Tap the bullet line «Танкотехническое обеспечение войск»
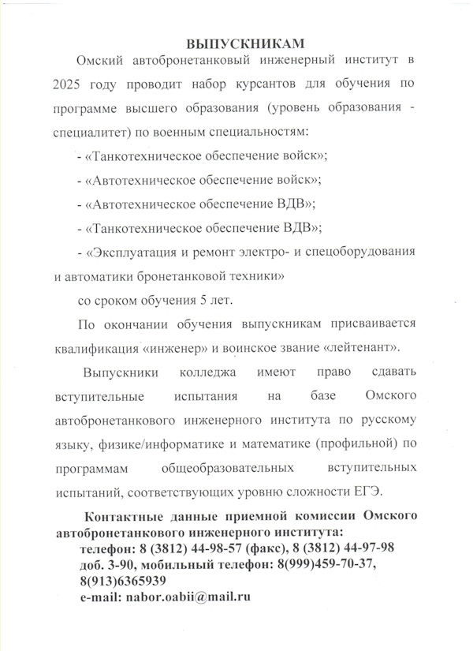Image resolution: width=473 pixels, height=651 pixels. click(x=200, y=155)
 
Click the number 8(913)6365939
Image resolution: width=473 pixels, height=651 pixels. click(x=122, y=582)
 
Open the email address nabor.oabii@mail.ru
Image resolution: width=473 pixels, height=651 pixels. click(x=188, y=597)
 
